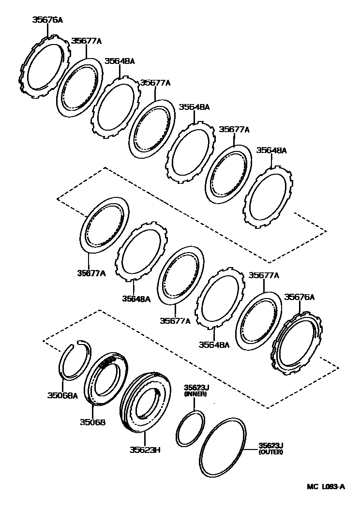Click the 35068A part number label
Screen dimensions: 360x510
tap(62, 395)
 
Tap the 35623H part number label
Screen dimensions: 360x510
tap(145, 450)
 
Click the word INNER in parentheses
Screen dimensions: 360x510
tap(195, 394)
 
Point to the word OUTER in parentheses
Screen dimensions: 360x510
tap(271, 452)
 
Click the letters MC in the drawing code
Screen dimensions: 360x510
tap(311, 487)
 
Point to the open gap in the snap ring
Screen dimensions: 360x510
tap(77, 344)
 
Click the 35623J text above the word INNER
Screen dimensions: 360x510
tap(195, 388)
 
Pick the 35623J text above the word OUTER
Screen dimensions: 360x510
tap(271, 445)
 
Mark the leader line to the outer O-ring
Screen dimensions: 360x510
tap(251, 449)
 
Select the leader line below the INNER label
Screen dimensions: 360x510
tap(195, 404)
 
